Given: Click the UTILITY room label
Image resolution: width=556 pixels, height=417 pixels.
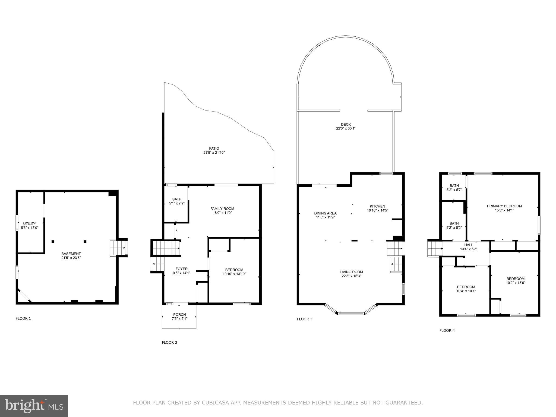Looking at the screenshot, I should [30, 224].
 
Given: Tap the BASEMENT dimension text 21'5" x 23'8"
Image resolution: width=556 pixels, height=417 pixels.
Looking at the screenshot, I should [71, 258].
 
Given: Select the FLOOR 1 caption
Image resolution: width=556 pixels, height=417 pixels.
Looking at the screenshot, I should [23, 318].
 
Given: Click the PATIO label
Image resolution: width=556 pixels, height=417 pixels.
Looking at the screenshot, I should [214, 149].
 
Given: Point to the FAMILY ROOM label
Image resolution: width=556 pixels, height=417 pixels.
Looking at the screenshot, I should [222, 208].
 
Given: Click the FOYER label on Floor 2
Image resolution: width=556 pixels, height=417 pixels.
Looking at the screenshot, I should [181, 269].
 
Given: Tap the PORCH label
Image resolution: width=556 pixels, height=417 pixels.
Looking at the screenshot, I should [179, 314].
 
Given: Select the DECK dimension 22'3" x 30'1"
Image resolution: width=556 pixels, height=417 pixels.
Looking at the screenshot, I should [346, 128].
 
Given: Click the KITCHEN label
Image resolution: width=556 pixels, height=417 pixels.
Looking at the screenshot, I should [377, 206].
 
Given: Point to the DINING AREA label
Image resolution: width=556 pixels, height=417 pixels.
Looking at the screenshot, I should [325, 213].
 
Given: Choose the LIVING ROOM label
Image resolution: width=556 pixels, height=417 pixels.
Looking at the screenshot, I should [351, 272].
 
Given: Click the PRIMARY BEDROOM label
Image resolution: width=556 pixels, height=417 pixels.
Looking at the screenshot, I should [504, 206].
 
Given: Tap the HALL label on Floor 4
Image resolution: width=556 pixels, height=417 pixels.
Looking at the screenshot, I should [469, 245].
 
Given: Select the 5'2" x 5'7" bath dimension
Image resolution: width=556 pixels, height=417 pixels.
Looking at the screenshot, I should [454, 190].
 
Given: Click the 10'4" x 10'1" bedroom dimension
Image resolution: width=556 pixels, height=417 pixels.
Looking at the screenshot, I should [466, 291].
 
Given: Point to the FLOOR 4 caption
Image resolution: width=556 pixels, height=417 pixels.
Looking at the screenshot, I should [447, 330].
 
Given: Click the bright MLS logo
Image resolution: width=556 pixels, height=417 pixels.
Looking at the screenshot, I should [34, 406].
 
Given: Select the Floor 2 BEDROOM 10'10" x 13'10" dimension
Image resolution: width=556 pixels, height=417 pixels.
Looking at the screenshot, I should [234, 274].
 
